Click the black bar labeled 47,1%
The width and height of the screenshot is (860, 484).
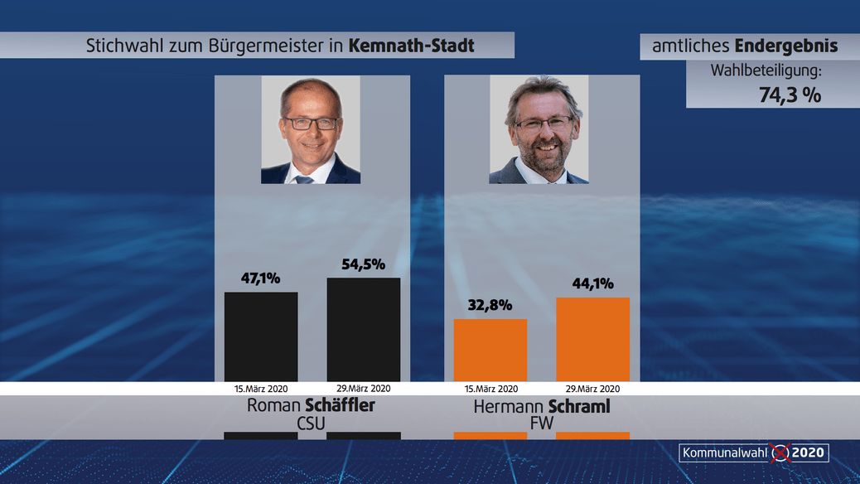261,336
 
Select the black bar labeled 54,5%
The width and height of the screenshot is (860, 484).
364,329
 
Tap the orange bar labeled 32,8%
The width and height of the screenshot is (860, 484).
490,350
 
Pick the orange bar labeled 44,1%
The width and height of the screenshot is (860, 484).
592,339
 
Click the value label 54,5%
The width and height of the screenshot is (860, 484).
364,264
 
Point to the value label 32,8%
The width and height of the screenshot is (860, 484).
490,305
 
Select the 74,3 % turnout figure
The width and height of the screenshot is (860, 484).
790,95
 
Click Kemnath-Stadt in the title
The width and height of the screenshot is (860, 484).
412,46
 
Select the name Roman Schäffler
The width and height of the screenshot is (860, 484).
311,406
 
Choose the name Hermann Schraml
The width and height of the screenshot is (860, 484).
541,406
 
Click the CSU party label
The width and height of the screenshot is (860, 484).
312,424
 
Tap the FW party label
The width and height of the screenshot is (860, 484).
541,424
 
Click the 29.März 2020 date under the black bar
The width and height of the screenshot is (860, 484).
364,389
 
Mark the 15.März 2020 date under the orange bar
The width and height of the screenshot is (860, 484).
490,389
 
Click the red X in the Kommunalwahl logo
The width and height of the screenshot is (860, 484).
780,453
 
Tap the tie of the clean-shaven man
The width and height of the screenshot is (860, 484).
306,179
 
